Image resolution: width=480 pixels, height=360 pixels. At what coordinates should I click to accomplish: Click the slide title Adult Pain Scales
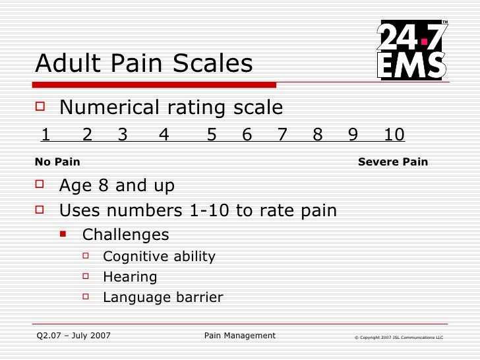pos(144,63)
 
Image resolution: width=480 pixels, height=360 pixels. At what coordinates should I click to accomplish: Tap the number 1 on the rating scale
pos(45,135)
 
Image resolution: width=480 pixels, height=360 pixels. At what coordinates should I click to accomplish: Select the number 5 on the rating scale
pos(212,135)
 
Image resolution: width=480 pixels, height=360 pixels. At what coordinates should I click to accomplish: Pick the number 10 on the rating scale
pos(394,135)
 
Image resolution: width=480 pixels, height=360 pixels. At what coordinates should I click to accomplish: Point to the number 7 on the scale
pos(283,135)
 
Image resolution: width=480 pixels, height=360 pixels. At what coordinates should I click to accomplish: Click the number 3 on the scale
pos(123,135)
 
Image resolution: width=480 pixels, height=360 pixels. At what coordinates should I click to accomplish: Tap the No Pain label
pos(57,162)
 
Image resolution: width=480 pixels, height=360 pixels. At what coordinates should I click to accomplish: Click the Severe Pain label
pos(392,162)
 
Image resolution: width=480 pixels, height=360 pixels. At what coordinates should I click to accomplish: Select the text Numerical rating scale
pos(171,107)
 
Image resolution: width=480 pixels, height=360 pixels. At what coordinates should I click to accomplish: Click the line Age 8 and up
pos(117,186)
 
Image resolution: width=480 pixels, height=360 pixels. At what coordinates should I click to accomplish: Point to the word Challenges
pos(125,235)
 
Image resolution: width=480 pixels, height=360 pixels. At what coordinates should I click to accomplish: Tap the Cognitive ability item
pos(159,256)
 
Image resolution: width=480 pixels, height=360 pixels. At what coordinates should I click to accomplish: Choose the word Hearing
pos(130,277)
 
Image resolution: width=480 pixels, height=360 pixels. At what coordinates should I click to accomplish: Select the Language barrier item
pos(163,297)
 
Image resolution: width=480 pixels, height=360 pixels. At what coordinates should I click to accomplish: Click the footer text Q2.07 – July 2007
pos(73,336)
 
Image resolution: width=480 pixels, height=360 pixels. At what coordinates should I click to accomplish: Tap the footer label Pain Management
pos(240,336)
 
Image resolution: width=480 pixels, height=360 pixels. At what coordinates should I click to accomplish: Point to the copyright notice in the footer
pos(398,338)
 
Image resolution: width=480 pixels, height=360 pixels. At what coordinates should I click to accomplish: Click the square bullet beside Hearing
pos(86,277)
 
